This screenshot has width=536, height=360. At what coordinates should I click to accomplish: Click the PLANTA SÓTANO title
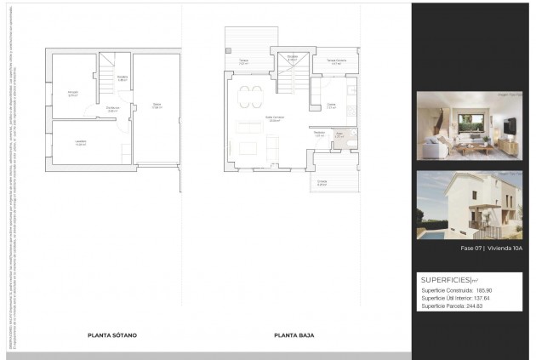click(112, 335)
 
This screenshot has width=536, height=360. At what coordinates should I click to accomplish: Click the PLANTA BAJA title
click(294, 335)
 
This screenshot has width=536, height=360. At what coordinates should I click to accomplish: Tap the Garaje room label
click(157, 107)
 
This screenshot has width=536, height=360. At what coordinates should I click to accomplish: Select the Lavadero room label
click(80, 143)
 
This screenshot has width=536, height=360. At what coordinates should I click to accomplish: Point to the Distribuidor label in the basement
click(112, 109)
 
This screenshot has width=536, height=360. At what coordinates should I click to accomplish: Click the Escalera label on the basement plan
click(122, 78)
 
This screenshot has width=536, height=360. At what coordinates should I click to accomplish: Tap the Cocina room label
click(332, 106)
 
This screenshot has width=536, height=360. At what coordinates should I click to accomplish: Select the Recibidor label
click(319, 134)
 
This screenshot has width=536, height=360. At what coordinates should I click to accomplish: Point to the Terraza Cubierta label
click(336, 62)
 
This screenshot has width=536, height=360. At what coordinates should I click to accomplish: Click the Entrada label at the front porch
click(322, 182)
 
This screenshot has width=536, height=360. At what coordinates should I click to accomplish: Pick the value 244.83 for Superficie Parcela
click(482, 306)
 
